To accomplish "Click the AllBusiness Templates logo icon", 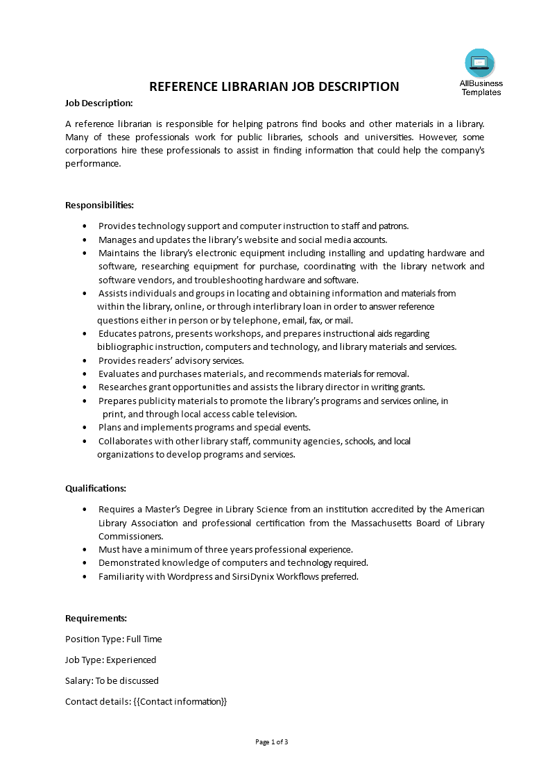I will tap(480, 63).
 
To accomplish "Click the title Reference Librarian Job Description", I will tap(275, 87).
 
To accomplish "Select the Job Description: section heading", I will tap(99, 103).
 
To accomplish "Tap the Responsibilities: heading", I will tap(99, 205).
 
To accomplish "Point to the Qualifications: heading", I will tap(96, 488).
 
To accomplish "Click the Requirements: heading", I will tap(96, 618).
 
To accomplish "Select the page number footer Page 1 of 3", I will tap(272, 742).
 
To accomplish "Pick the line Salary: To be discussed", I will tap(112, 680).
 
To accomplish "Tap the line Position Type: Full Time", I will tap(114, 639).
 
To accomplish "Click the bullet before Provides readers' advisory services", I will tap(85, 361).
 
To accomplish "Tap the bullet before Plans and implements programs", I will tap(85, 428).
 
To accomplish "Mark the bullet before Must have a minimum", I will tap(85, 549).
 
